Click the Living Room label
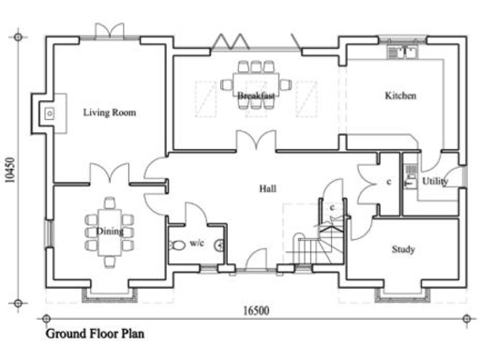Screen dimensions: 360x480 pos(110,112)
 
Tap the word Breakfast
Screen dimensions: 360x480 pos(255,96)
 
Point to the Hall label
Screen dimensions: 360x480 pos(267,189)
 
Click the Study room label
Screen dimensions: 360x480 pos(403,249)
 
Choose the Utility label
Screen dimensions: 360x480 pos(435,181)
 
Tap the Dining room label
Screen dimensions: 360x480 pos(110,230)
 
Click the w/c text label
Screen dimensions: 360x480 pos(197,243)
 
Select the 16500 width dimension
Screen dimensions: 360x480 pos(257,309)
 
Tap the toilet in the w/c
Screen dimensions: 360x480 pos(179,246)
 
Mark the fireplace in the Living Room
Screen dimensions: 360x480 pos(47,112)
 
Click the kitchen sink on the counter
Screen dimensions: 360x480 pos(405,52)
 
